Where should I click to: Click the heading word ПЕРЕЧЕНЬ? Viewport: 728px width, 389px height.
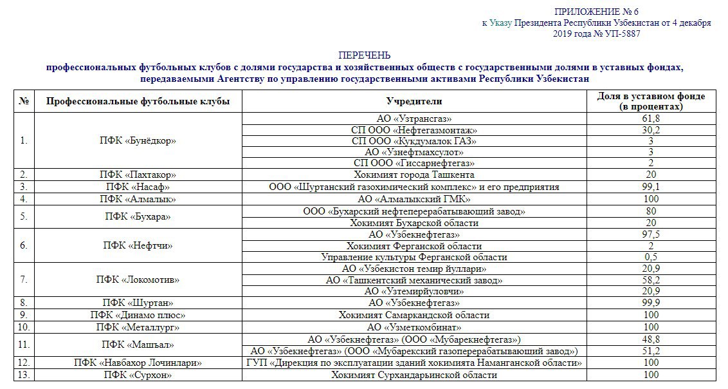click(364, 55)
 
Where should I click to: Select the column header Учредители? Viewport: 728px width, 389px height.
click(414, 102)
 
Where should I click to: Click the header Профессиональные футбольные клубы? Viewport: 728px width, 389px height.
click(138, 102)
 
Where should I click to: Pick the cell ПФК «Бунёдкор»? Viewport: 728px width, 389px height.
click(138, 140)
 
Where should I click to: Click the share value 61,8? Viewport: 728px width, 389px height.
click(651, 119)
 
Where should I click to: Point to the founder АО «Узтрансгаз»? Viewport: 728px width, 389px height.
click(414, 119)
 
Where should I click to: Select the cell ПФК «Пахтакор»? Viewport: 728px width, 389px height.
click(138, 175)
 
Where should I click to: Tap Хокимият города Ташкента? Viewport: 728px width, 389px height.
click(414, 175)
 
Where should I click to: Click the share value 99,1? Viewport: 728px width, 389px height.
click(651, 187)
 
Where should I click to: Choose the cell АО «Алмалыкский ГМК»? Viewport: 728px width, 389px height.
click(414, 199)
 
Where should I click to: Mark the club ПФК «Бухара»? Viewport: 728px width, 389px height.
click(138, 217)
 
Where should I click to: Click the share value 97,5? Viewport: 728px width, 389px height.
click(651, 234)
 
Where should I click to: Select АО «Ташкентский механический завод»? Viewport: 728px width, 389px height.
click(414, 280)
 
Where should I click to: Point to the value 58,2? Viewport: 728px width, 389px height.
click(651, 280)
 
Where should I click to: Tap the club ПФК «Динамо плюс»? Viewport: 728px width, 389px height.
click(138, 315)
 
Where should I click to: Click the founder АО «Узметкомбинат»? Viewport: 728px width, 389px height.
click(414, 327)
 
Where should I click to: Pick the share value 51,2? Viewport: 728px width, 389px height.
click(651, 351)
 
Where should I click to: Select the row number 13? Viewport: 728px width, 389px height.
click(24, 375)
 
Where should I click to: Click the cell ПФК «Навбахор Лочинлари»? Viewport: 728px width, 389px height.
click(138, 363)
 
